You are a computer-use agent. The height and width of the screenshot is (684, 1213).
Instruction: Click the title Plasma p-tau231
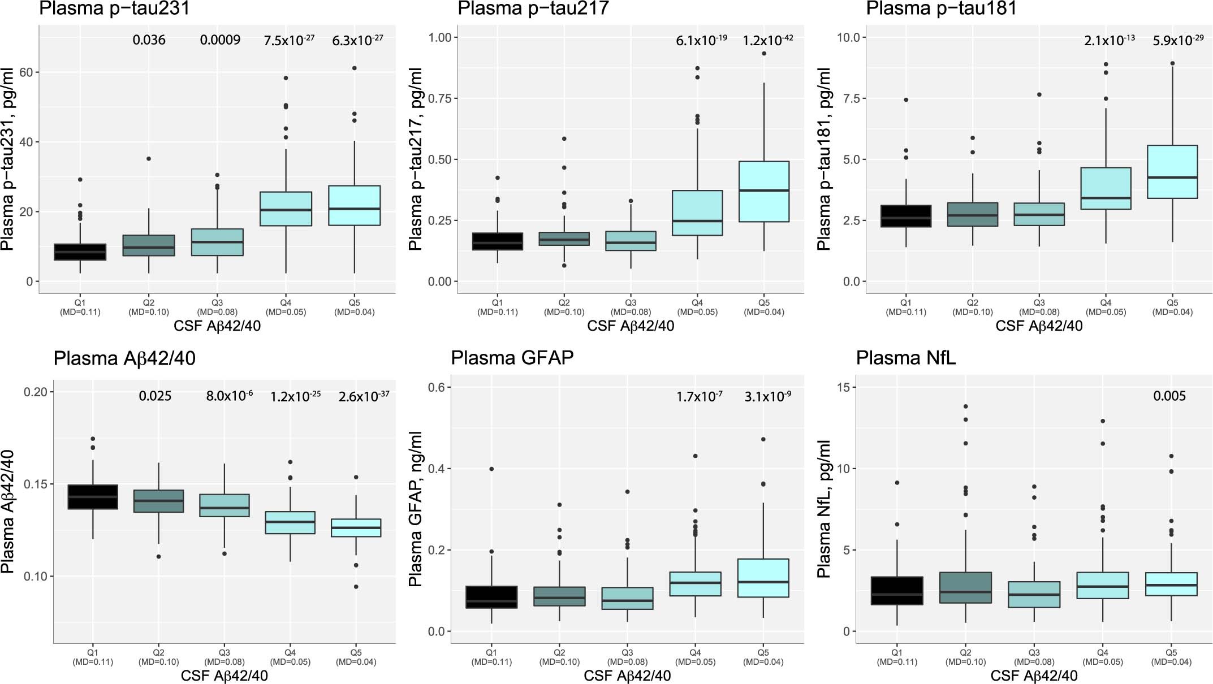pyautogui.click(x=114, y=8)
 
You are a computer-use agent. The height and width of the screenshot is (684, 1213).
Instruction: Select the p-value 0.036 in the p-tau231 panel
pyautogui.click(x=149, y=40)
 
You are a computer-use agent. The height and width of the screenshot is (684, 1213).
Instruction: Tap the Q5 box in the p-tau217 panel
pyautogui.click(x=764, y=192)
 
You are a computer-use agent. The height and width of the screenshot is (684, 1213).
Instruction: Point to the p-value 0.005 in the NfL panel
pyautogui.click(x=1169, y=396)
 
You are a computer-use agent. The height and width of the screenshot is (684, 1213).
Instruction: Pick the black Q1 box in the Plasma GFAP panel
pyautogui.click(x=491, y=597)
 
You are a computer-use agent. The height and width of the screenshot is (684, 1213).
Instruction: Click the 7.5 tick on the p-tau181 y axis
pyautogui.click(x=848, y=98)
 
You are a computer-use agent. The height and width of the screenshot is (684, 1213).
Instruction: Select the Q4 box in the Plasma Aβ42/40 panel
pyautogui.click(x=290, y=522)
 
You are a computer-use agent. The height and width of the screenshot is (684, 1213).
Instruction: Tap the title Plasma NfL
pyautogui.click(x=905, y=358)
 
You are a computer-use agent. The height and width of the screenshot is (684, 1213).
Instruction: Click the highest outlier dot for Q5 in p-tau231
pyautogui.click(x=355, y=68)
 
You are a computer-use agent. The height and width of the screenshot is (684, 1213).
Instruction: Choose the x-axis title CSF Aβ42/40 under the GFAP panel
pyautogui.click(x=627, y=676)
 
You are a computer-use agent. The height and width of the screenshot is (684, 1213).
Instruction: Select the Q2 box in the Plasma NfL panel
pyautogui.click(x=965, y=587)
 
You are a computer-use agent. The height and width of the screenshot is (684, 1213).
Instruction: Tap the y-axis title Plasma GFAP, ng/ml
pyautogui.click(x=415, y=509)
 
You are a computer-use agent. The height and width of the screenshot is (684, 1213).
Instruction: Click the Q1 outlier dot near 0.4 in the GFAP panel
pyautogui.click(x=491, y=469)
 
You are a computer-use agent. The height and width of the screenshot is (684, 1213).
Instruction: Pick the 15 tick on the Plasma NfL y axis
pyautogui.click(x=846, y=387)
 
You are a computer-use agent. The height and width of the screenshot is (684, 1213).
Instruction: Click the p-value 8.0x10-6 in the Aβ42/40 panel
pyautogui.click(x=229, y=396)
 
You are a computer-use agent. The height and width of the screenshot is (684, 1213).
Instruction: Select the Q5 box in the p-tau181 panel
pyautogui.click(x=1172, y=172)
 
